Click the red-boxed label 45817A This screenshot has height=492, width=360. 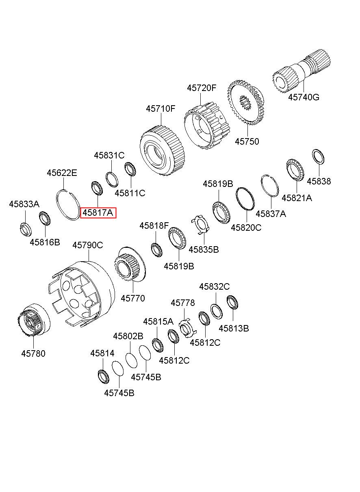pos(98,212)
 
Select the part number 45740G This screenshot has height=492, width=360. pos(304,97)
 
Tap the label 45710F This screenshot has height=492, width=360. pos(161,108)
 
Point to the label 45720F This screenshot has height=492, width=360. pos(202,88)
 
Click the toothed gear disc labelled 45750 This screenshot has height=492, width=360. pos(245,102)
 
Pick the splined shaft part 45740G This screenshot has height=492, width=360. pos(301,71)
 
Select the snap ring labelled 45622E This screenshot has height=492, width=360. pos(68,205)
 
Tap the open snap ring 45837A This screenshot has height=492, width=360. pos(270,186)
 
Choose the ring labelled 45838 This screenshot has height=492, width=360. pos(318,156)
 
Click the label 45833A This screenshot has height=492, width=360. pos(24,204)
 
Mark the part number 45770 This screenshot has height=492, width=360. pos(133,298)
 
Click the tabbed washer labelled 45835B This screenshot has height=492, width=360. pos(200,225)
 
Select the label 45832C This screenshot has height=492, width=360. pos(215,286)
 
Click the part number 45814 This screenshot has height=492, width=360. pos(102,353)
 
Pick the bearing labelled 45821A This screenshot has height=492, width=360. pos(295,169)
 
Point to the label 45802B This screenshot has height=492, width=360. pos(128,336)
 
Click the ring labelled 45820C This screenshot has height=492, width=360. pos(245,199)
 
